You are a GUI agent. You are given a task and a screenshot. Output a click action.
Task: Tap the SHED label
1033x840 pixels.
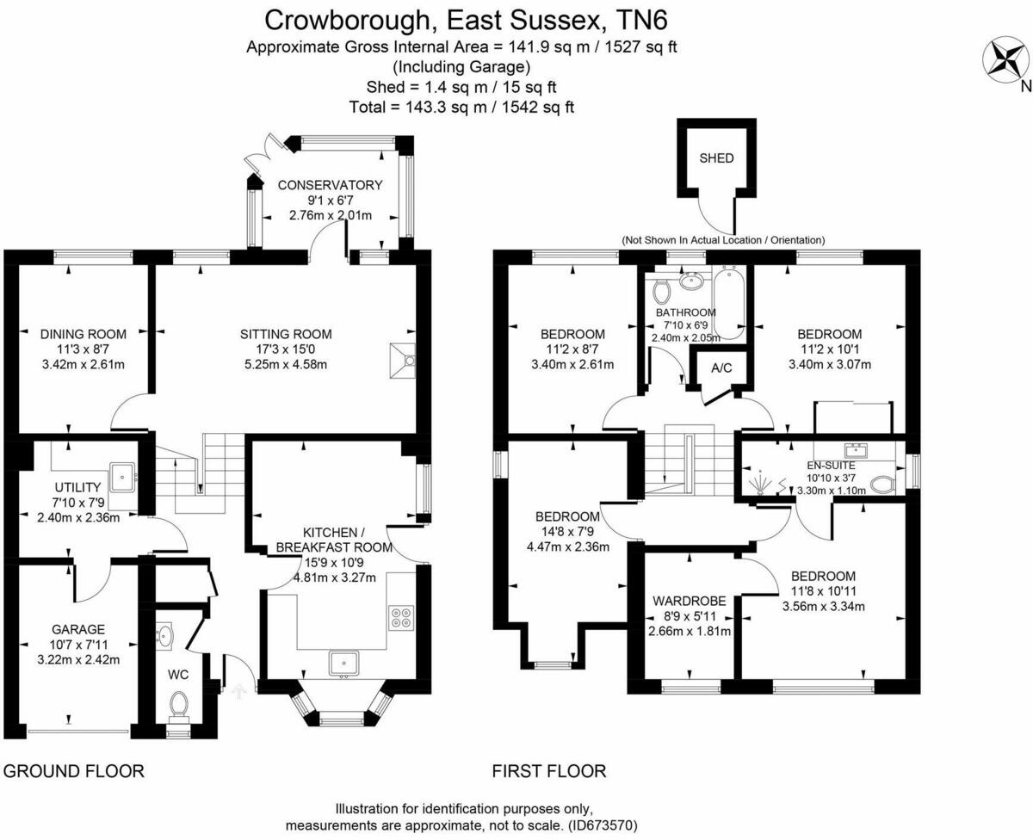click(x=716, y=158)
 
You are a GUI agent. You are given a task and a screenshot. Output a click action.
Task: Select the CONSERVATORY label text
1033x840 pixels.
click(x=330, y=185)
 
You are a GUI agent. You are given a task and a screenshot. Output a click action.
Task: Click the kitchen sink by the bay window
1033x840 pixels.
click(x=344, y=662)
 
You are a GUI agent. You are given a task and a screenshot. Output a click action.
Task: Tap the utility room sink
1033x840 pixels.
click(x=122, y=474)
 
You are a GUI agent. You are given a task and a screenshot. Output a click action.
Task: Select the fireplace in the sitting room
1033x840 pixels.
click(x=402, y=360)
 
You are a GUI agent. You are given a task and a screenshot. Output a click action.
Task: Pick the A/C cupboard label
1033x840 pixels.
click(x=721, y=368)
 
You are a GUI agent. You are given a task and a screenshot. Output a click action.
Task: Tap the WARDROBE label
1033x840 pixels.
click(x=689, y=601)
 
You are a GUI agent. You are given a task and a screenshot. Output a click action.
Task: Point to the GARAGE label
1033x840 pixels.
click(x=77, y=629)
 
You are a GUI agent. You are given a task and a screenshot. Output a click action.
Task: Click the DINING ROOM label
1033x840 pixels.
click(x=84, y=334)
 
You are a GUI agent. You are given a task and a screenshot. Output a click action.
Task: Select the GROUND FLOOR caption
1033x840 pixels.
click(x=74, y=770)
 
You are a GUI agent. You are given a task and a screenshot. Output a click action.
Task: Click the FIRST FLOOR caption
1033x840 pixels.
click(x=549, y=770)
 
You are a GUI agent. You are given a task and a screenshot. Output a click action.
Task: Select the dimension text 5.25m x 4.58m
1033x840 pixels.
click(x=288, y=365)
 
